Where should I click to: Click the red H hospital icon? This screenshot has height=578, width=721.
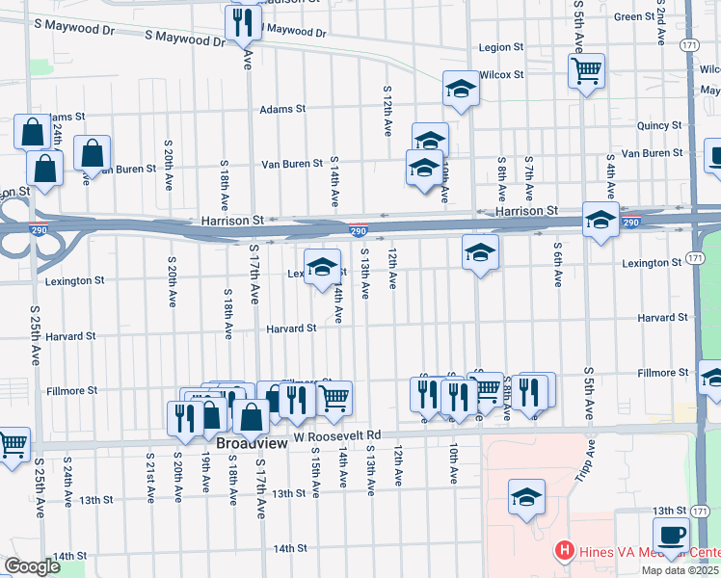(x=565, y=552)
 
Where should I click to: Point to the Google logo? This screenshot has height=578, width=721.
(x=33, y=565)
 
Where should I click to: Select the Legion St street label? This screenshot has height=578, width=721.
(x=501, y=47)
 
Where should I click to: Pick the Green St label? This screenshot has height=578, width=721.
(x=634, y=16)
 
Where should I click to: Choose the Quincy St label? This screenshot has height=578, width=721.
(x=658, y=125)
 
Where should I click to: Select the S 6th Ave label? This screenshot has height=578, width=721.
(x=558, y=264)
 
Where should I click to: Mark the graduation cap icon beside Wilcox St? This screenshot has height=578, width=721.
(x=461, y=89)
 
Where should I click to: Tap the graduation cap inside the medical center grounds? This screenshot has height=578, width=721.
(x=526, y=497)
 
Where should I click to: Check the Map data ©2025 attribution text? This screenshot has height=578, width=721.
(x=681, y=570)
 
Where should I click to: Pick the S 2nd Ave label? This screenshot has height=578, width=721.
(x=662, y=24)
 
